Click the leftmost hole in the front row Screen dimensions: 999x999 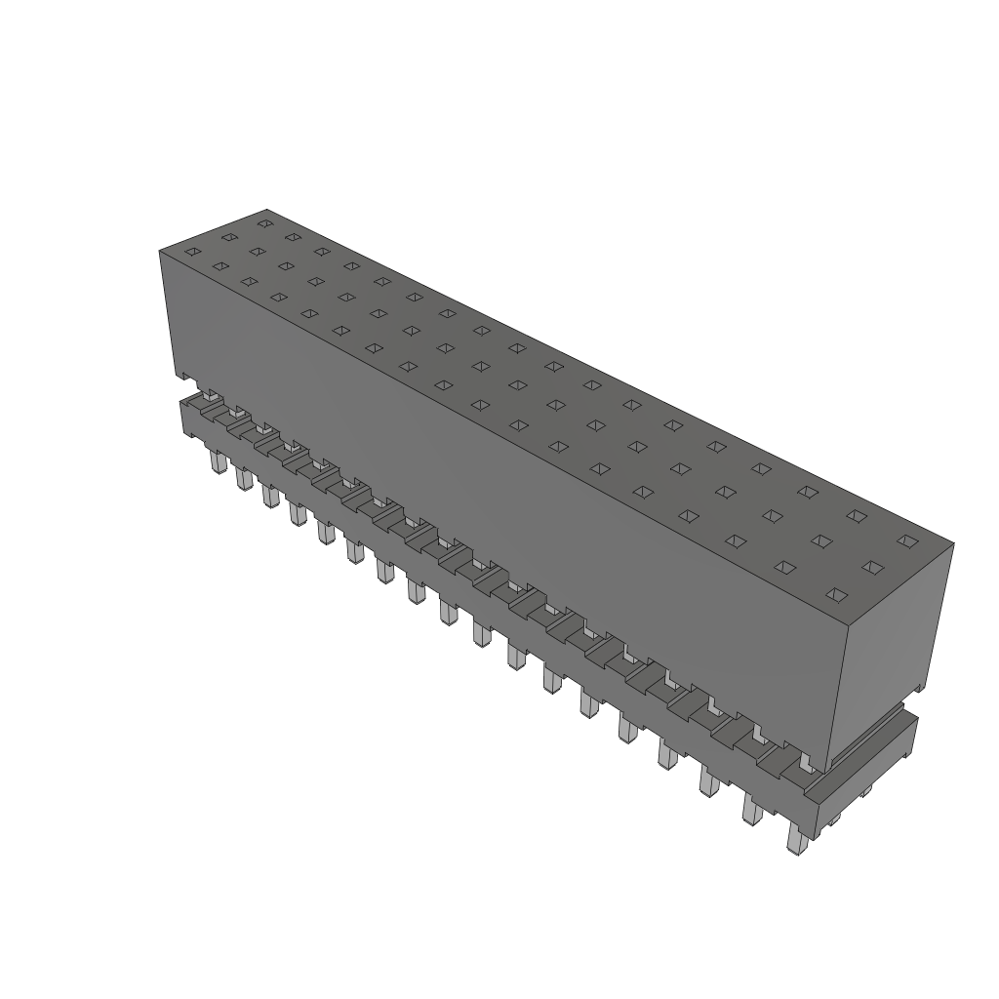[x=192, y=252]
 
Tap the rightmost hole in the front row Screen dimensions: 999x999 [x=835, y=593]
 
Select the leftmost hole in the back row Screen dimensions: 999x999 [x=263, y=223]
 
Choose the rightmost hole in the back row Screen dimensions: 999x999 [x=907, y=539]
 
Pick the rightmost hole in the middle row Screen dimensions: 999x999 [x=873, y=567]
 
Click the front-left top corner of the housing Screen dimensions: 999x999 [x=160, y=252]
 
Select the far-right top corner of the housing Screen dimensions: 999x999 [x=953, y=543]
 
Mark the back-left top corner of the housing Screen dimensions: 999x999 [x=266, y=210]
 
